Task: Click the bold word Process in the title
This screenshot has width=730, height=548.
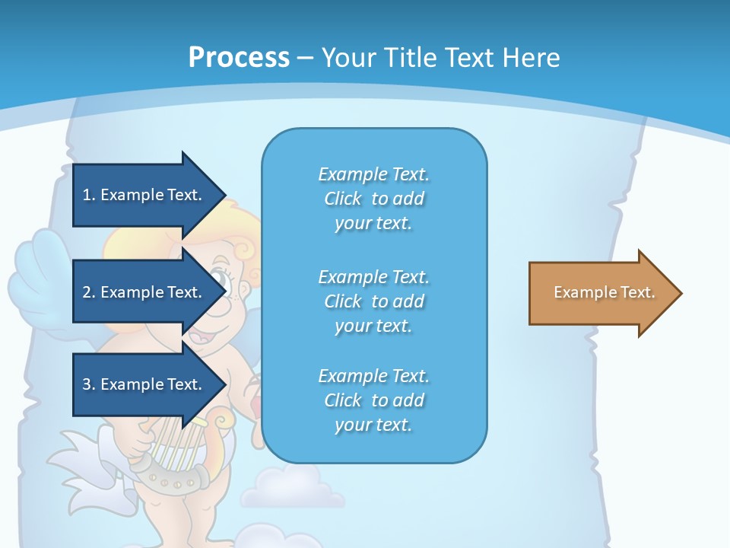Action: (x=239, y=57)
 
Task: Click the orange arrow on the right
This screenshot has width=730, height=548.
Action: (x=601, y=293)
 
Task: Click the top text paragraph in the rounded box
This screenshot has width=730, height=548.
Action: (x=373, y=199)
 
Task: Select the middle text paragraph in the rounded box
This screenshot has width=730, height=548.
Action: (x=373, y=301)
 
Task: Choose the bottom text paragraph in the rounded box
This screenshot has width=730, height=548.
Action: (x=373, y=400)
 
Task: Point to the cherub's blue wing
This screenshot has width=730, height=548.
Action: (x=38, y=274)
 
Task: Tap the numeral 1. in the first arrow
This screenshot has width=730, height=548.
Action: (x=88, y=195)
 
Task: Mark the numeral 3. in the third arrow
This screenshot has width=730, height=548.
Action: (x=88, y=384)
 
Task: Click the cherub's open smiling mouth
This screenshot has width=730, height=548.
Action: (x=199, y=333)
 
